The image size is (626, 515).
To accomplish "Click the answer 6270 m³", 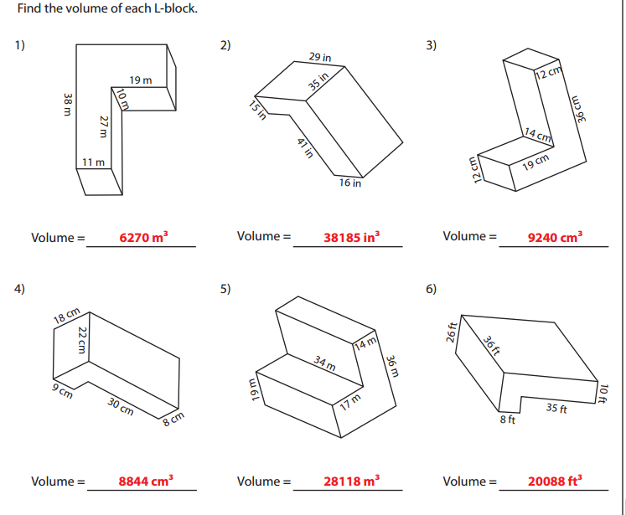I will point(143,238).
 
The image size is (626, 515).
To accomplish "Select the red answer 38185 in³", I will point(351,238).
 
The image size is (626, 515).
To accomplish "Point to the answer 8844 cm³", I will point(146,481).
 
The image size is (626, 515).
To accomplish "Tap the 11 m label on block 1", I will point(93,162).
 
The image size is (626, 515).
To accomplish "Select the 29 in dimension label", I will point(320,58).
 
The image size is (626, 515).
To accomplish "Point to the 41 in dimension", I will point(304,147).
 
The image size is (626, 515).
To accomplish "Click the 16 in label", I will point(351,183).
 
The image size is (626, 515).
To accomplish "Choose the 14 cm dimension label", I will point(537,133).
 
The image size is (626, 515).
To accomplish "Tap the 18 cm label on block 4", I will point(65,317).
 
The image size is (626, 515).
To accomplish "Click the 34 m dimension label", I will point(324,364).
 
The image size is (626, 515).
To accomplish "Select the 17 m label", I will point(351,400).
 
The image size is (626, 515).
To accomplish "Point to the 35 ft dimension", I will point(556,409).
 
